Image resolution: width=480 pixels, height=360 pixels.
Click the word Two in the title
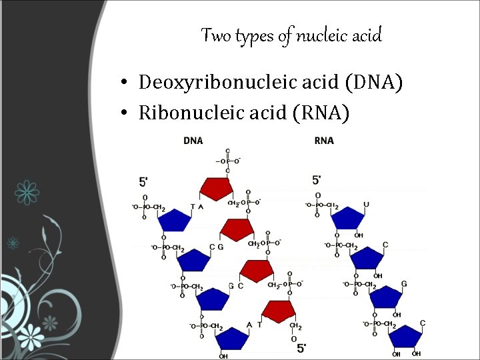[215, 35]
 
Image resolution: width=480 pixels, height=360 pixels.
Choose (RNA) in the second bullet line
[327, 113]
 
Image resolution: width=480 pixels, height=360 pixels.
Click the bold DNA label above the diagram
[193, 141]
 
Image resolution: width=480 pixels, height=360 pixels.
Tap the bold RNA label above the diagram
[324, 141]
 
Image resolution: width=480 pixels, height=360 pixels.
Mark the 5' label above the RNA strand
[317, 180]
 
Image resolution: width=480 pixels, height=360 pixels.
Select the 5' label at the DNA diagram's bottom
[301, 347]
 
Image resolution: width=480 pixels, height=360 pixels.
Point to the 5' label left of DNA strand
[143, 181]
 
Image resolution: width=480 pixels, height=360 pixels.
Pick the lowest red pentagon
[279, 311]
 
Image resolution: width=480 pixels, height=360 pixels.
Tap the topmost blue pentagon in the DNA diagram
[173, 219]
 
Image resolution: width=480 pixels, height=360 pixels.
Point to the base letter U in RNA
[366, 205]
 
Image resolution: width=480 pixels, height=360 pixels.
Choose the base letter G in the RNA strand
[404, 284]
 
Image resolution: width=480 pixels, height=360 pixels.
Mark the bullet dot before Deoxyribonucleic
[125, 83]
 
